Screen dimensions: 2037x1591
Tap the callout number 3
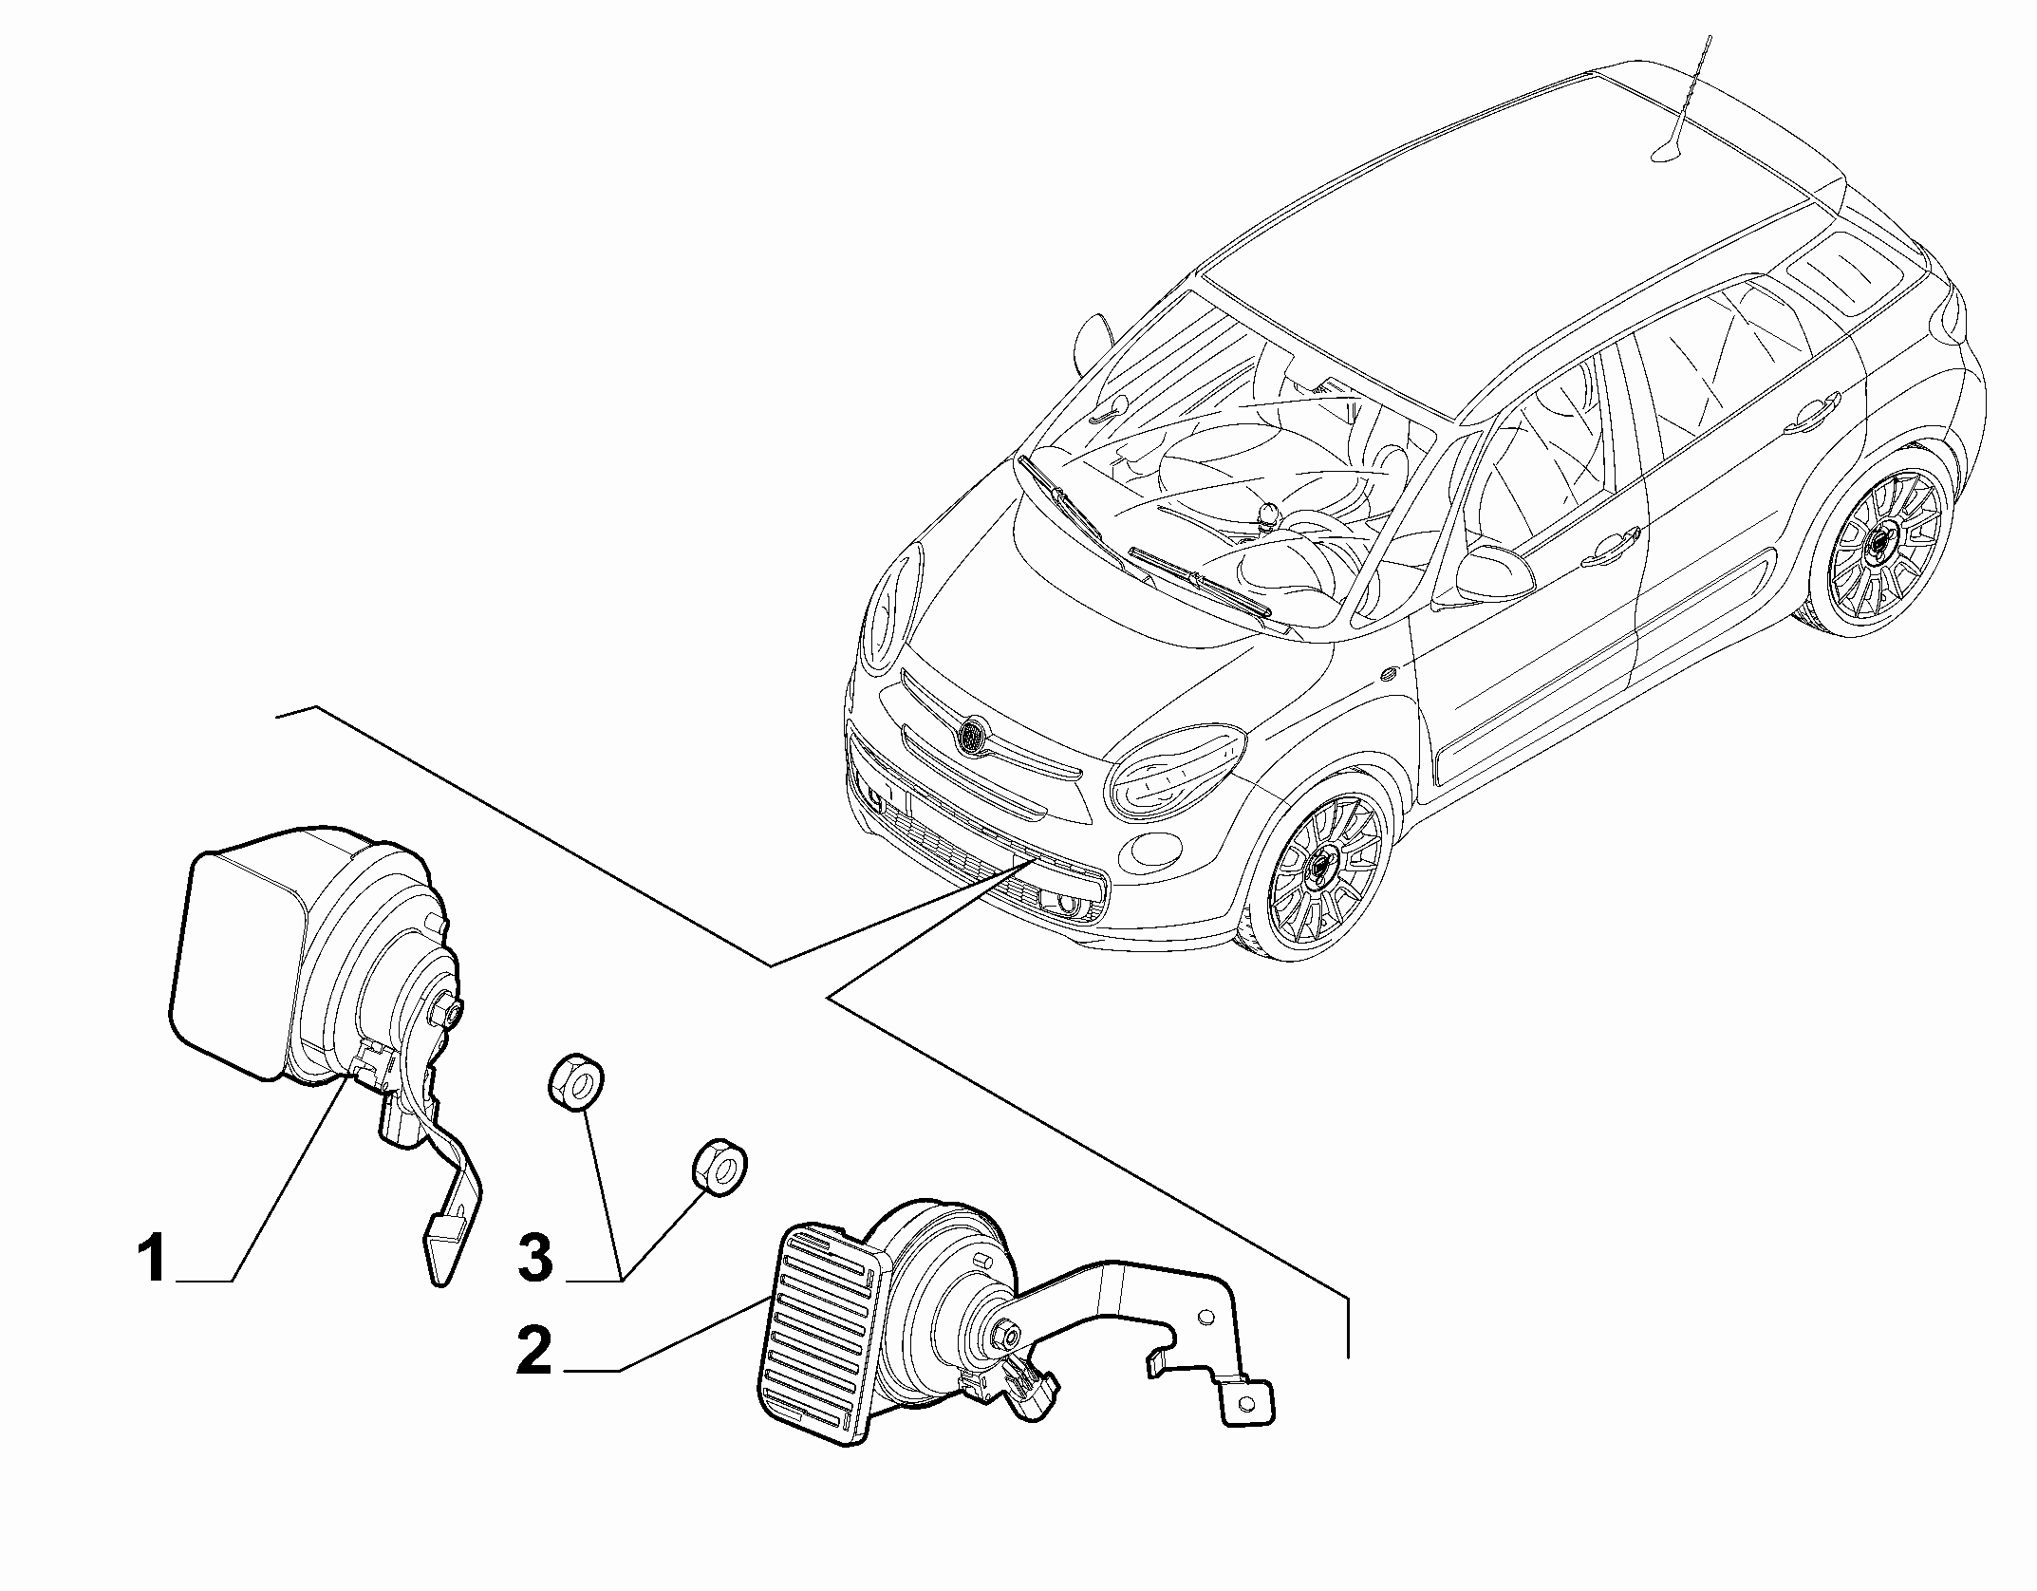point(535,1259)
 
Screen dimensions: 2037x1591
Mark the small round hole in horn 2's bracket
point(1206,1319)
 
